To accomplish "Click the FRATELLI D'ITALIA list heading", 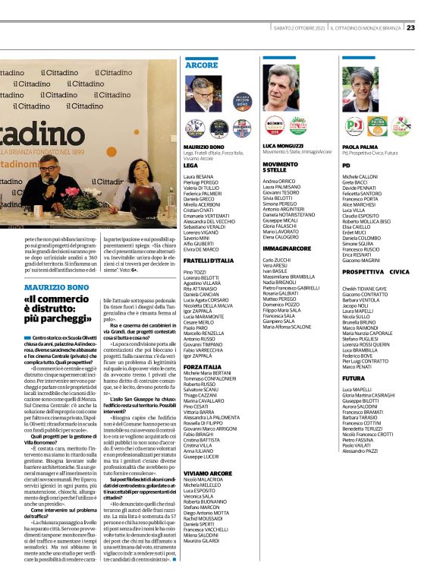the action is [x=209, y=261].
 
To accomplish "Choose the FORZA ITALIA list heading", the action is [x=203, y=367].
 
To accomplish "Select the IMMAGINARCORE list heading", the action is [x=288, y=248].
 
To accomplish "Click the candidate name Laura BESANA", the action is [x=199, y=176].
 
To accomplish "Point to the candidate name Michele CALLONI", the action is [x=360, y=176].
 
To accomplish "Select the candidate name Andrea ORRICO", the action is [x=278, y=182].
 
